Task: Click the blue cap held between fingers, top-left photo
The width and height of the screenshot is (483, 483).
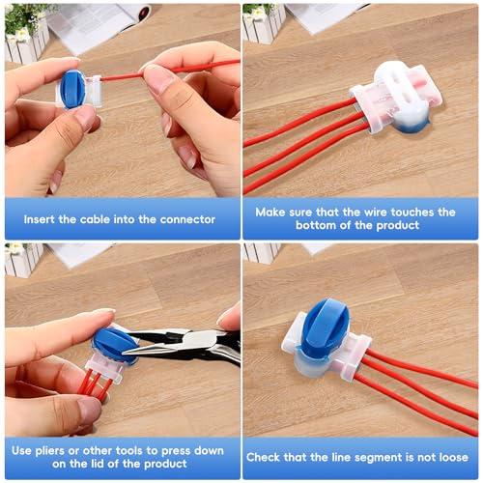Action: pyautogui.click(x=72, y=90)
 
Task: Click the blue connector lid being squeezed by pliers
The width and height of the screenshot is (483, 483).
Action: pyautogui.click(x=113, y=344)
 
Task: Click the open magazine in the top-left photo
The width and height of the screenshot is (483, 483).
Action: pyautogui.click(x=97, y=26)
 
